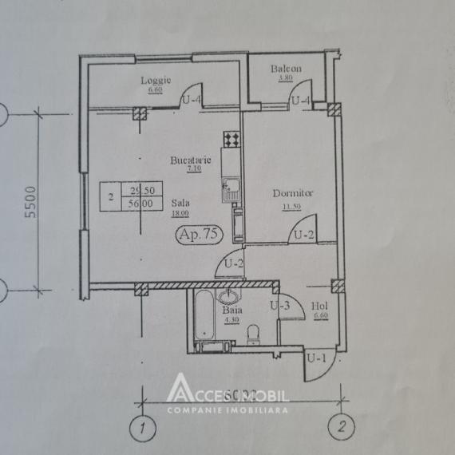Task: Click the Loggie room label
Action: click(x=152, y=81)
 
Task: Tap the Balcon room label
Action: click(x=285, y=69)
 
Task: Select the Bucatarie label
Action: click(x=190, y=161)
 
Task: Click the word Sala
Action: click(x=180, y=204)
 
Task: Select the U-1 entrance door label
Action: click(x=318, y=358)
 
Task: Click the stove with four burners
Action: click(x=231, y=140)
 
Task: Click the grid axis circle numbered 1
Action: click(x=141, y=427)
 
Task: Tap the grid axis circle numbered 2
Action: click(x=341, y=425)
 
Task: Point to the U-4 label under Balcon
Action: click(x=301, y=101)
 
